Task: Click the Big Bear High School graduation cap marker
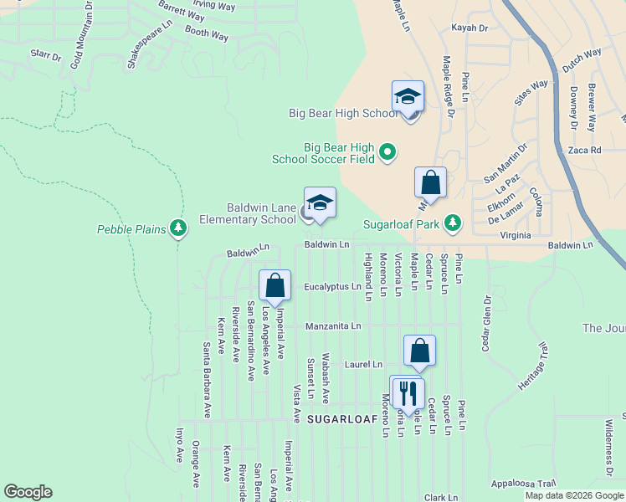click(408, 97)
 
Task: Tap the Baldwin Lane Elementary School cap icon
click(320, 203)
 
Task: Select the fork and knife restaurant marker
click(408, 392)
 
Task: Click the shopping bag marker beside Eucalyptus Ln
click(275, 286)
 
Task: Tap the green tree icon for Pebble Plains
click(177, 227)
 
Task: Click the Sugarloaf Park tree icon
click(452, 223)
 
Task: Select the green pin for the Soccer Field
click(387, 151)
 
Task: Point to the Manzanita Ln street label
click(333, 325)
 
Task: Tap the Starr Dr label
click(45, 57)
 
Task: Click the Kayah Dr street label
click(469, 28)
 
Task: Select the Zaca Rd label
click(584, 151)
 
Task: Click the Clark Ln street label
click(440, 497)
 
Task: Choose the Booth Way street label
click(206, 35)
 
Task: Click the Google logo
click(28, 492)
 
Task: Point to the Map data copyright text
click(574, 495)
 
